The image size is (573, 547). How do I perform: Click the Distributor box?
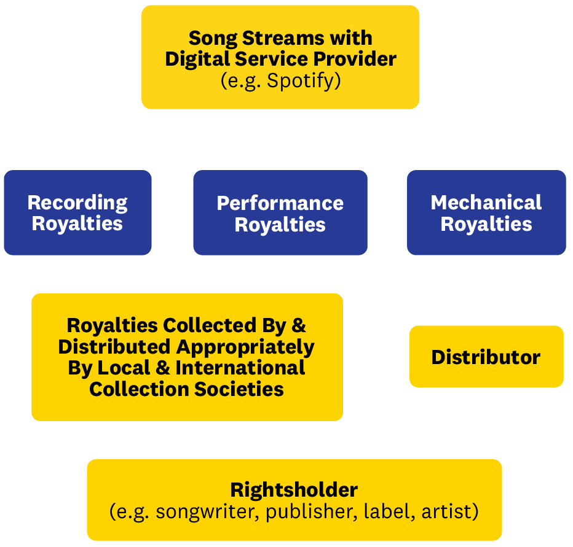[486, 357]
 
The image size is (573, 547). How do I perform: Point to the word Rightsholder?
[294, 490]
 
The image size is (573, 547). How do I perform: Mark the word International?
[240, 368]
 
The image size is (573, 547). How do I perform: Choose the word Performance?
[280, 203]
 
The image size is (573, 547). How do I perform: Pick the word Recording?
[77, 203]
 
